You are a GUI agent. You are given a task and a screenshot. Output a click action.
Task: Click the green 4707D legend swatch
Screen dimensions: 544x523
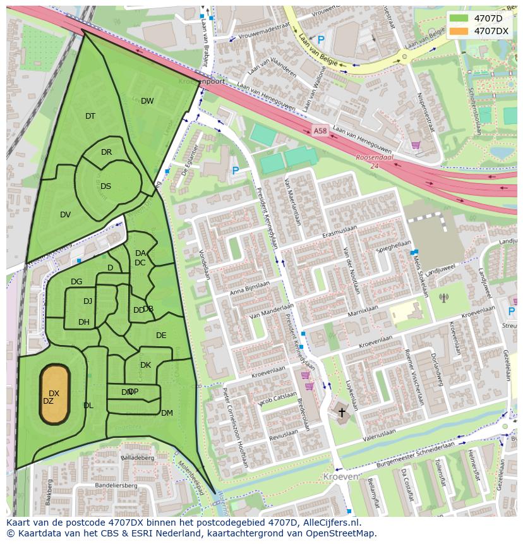coord(459,18)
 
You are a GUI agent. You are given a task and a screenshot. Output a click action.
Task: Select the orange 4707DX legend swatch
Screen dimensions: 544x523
coord(459,31)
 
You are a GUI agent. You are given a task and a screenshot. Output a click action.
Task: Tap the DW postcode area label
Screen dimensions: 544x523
coord(147,101)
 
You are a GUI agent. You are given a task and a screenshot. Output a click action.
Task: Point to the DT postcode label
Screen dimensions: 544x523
coord(90,116)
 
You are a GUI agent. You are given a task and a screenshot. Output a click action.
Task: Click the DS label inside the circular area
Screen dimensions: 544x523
coord(105,186)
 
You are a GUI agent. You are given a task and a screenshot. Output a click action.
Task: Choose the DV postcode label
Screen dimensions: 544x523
coord(65,215)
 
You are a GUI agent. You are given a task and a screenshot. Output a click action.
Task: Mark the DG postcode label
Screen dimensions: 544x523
coord(76,282)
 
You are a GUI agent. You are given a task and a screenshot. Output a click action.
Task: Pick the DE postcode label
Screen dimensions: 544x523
coord(161,335)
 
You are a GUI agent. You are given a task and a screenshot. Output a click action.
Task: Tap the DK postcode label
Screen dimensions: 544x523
coord(145,365)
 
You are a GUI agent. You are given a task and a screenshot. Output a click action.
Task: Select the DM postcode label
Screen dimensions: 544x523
coord(167,413)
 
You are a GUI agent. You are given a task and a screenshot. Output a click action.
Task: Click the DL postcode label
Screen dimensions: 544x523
coord(88,406)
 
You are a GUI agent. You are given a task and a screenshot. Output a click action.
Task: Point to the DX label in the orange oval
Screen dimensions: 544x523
coord(54,394)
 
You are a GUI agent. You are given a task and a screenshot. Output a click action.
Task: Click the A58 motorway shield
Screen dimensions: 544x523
coord(320,131)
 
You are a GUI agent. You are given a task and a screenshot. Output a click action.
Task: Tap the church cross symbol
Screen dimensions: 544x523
coord(342,413)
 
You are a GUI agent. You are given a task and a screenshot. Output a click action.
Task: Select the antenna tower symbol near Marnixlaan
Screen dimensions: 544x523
coord(443,297)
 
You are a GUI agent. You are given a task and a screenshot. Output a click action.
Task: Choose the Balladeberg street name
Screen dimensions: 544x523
coord(137,457)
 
